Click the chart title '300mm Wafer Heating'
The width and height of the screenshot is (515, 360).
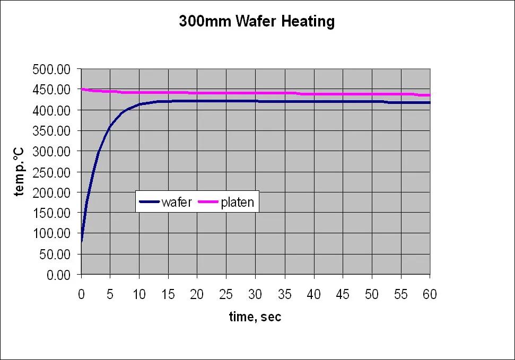257,22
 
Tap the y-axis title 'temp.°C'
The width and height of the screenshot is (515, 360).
20,172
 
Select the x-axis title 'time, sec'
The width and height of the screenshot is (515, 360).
255,317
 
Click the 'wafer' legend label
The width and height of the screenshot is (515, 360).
177,202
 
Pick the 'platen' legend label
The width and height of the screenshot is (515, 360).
237,202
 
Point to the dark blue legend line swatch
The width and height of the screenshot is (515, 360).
149,202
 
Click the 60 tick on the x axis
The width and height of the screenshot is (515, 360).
430,294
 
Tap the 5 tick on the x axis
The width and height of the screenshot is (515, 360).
110,294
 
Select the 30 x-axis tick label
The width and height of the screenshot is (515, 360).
256,294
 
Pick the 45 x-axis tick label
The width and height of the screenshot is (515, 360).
343,294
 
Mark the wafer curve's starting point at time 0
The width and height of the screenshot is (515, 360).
82,241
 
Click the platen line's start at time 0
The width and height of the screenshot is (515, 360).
82,89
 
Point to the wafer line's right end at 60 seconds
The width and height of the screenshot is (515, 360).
429,102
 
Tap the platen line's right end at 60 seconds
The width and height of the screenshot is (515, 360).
429,95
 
